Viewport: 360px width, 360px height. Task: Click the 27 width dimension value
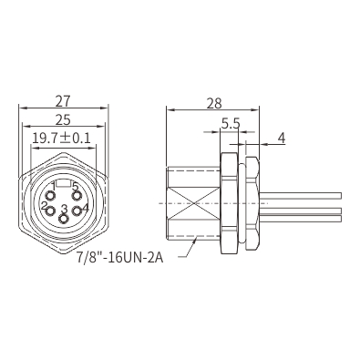[x=63, y=101]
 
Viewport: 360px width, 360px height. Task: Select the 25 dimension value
[x=63, y=120]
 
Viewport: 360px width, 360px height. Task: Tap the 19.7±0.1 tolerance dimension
[x=61, y=139]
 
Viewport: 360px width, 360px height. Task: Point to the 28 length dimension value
[x=214, y=104]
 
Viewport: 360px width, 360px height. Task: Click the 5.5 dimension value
[x=231, y=124]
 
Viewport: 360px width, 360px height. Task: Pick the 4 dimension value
[x=282, y=139]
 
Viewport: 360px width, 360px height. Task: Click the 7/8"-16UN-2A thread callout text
[x=119, y=258]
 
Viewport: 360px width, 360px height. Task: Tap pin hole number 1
[x=50, y=195]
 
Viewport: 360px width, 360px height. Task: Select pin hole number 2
[x=50, y=211]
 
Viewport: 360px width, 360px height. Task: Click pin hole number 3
[x=63, y=219]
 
